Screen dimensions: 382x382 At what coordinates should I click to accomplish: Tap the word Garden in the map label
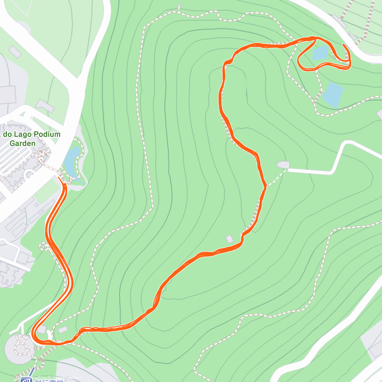(22, 143)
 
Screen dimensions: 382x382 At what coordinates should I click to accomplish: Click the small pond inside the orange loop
(320, 53)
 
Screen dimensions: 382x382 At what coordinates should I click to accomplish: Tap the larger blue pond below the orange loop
(333, 95)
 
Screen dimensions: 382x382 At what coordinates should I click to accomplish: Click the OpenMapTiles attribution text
(33, 378)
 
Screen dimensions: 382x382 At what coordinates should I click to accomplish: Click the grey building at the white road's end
(283, 165)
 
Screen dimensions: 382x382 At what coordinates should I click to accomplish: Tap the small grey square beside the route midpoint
(229, 239)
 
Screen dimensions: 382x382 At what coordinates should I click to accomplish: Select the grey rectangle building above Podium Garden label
(45, 105)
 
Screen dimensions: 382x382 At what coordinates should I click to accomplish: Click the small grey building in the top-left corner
(15, 51)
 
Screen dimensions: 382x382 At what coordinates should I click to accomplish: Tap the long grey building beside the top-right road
(339, 21)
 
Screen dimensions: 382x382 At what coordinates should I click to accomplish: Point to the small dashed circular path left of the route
(43, 246)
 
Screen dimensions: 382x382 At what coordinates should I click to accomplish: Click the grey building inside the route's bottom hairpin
(42, 329)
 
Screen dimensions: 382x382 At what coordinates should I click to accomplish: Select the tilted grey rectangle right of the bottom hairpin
(63, 329)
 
